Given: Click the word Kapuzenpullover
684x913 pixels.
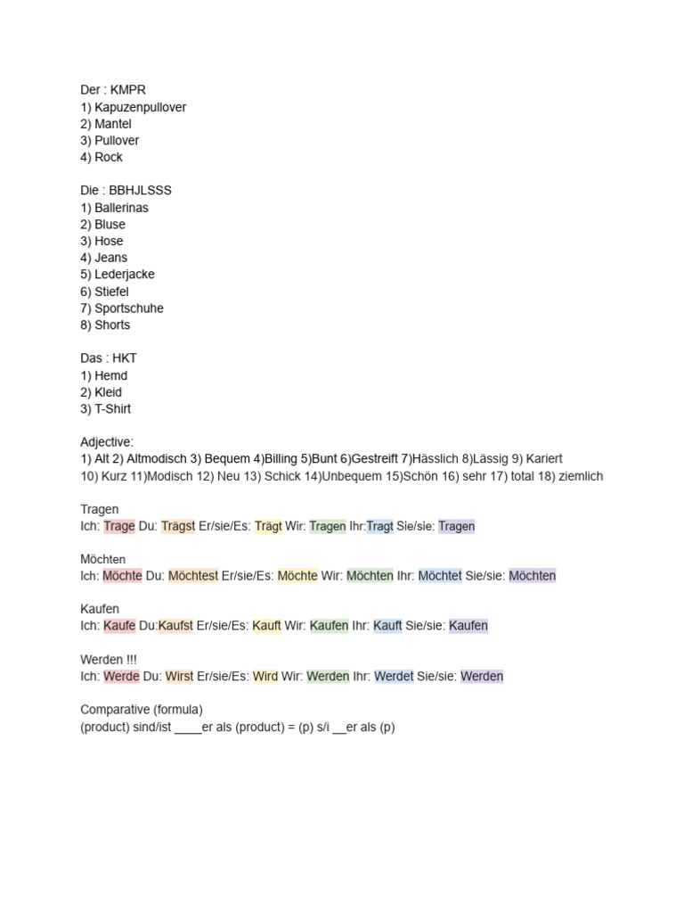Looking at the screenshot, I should coord(140,107).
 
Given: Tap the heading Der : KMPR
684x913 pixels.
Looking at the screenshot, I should coord(113,90).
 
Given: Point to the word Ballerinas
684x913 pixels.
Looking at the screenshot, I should coord(121,208).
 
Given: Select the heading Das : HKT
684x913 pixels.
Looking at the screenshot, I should coord(109,358).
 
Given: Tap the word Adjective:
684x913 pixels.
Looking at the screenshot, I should coord(107,442).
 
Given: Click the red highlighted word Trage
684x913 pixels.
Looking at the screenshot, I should coord(119,526).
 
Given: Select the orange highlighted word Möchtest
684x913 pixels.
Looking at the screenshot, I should coord(192,576).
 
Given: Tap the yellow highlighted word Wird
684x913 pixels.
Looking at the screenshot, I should coord(265,677).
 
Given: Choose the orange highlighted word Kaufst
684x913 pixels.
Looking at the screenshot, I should coord(175,626).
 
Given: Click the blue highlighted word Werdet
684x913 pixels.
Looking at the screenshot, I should coord(394,677).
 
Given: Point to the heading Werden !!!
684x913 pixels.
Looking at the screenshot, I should coord(109,660).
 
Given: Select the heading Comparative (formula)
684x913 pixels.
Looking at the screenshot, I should coord(142,710).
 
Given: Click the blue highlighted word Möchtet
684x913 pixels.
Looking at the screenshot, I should coord(440,576).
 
